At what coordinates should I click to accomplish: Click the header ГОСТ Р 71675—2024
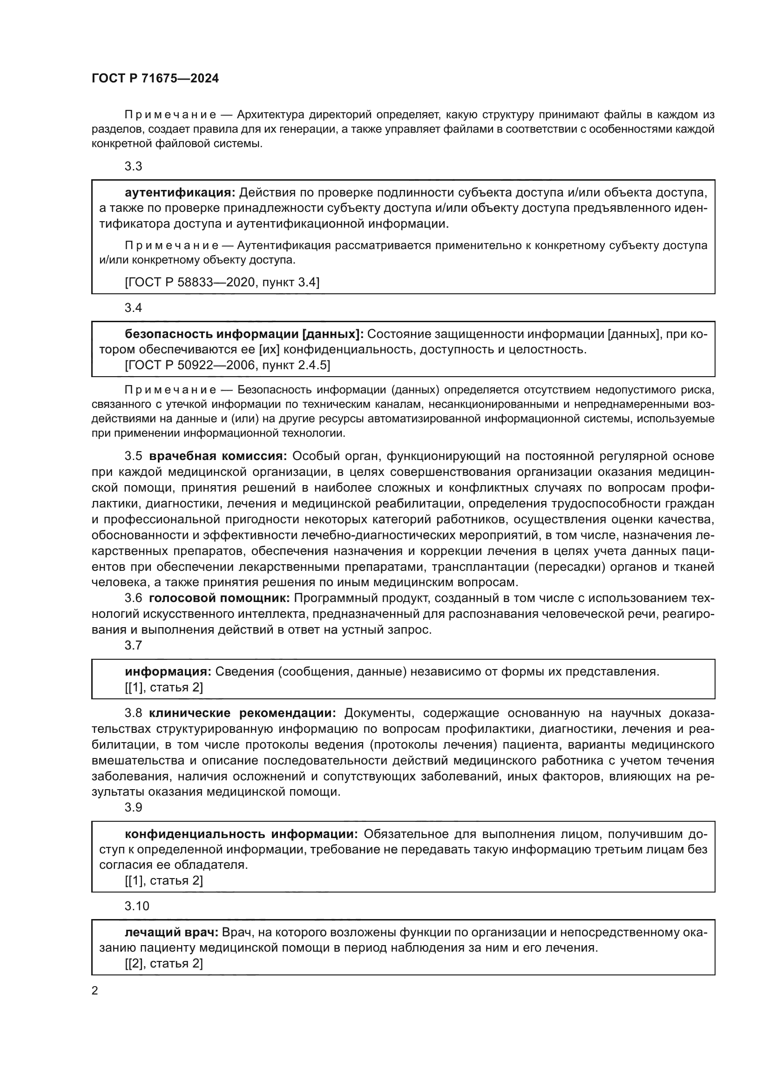click(155, 79)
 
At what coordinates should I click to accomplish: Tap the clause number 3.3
click(133, 167)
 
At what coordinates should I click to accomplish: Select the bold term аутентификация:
click(180, 193)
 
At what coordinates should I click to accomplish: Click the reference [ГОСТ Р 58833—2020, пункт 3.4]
click(222, 283)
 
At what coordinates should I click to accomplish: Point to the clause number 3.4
click(133, 308)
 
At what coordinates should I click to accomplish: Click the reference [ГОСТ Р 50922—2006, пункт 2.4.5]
click(228, 365)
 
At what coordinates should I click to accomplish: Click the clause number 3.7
click(133, 645)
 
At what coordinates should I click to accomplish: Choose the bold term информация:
click(169, 672)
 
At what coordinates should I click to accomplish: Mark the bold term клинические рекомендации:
click(242, 713)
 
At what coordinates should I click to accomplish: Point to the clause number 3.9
click(133, 807)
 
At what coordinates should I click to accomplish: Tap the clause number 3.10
click(136, 906)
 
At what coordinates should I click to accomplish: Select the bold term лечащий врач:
click(171, 933)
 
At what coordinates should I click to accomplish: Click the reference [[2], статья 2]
click(163, 964)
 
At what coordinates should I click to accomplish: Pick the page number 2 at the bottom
click(95, 991)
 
